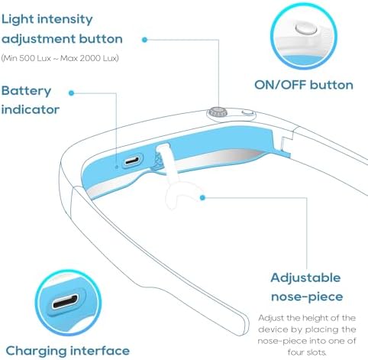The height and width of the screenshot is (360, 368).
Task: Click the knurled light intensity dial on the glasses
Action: [218, 112]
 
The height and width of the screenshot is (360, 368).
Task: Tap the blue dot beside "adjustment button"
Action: [144, 40]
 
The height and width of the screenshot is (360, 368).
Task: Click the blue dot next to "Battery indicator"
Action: [72, 93]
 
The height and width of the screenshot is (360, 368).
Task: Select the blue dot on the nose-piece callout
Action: [202, 197]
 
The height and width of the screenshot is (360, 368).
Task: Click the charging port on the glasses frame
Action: [132, 161]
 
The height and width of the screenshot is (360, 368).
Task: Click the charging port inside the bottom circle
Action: [66, 302]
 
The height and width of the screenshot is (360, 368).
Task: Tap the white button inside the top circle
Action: [306, 28]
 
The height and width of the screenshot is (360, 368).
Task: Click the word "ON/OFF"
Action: [280, 85]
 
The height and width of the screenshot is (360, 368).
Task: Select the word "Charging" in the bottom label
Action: [36, 351]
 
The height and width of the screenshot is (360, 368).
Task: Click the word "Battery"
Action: [26, 91]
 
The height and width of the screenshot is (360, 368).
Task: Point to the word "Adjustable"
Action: [305, 277]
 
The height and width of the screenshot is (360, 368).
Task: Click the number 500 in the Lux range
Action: [27, 58]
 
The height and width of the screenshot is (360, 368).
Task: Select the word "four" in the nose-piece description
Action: [295, 352]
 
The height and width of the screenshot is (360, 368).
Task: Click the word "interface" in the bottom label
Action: [100, 351]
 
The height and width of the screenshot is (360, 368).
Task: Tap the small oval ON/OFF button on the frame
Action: [247, 113]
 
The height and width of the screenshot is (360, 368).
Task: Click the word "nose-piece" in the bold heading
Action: [307, 297]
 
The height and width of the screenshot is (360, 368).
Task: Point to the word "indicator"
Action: [31, 109]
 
